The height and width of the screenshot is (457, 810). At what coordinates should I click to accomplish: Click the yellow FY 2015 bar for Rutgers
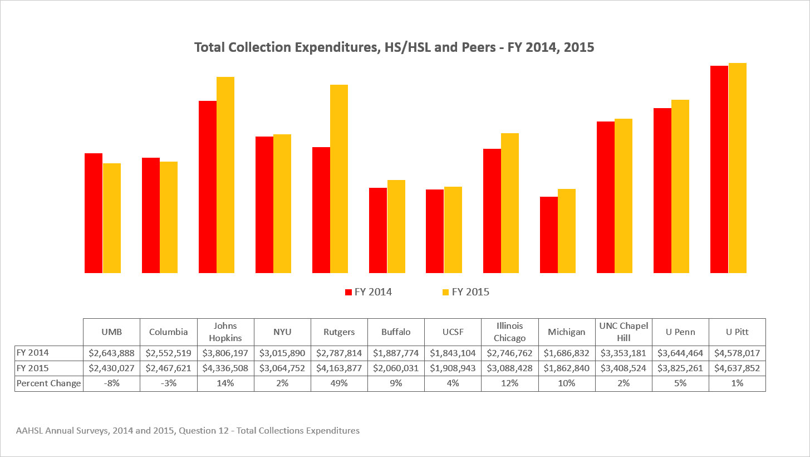point(339,178)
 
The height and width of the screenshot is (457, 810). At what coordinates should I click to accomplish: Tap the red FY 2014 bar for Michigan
point(549,235)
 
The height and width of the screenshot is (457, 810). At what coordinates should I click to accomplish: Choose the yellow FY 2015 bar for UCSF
point(453,230)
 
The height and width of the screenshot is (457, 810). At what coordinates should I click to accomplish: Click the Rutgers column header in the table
point(339,332)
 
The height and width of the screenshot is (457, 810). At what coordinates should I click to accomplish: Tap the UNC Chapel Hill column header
point(624,332)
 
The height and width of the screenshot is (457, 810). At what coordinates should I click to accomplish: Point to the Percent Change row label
point(48,383)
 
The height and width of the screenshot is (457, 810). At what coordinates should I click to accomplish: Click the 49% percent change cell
point(339,383)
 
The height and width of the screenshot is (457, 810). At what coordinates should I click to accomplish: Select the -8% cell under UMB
point(111,383)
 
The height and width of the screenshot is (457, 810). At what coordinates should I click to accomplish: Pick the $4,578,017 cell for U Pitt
point(737,353)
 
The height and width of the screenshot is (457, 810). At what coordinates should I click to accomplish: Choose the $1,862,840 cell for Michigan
point(567,368)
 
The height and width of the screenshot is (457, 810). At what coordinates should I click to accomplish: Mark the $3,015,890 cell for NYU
point(282,353)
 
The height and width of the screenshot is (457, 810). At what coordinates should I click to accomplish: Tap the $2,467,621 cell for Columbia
point(168,368)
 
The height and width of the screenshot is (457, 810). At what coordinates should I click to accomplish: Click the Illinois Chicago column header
point(509,332)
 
